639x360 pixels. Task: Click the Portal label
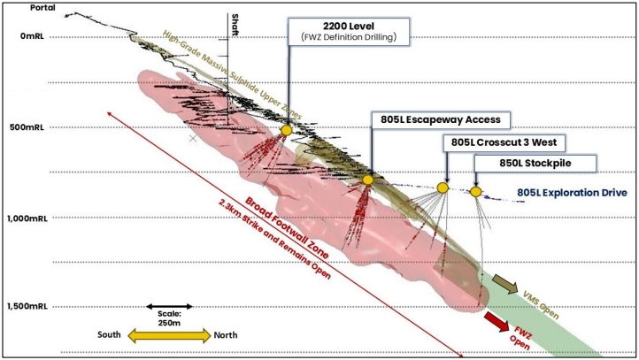click(x=42, y=8)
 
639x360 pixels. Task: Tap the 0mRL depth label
click(x=32, y=36)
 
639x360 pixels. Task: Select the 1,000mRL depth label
click(x=27, y=218)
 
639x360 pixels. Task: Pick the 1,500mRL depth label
click(x=27, y=307)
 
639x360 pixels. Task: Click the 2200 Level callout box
click(x=349, y=31)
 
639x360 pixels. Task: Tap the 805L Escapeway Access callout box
click(x=441, y=119)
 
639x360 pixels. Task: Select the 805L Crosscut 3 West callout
click(x=504, y=142)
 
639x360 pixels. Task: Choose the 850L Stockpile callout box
click(x=535, y=164)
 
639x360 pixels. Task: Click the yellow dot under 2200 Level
click(x=287, y=130)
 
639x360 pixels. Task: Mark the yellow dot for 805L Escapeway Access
click(x=368, y=180)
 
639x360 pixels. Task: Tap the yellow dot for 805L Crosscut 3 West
click(x=443, y=188)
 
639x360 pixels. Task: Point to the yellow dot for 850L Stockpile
click(x=475, y=192)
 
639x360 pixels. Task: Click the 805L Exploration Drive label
click(x=572, y=193)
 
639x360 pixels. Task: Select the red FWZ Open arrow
click(x=497, y=321)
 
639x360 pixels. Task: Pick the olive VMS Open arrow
click(x=505, y=284)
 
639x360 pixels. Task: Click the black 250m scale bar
click(x=169, y=306)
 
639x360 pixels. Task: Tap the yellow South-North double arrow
click(x=169, y=335)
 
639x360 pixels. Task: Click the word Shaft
click(x=235, y=25)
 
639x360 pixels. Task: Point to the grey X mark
click(x=193, y=139)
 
